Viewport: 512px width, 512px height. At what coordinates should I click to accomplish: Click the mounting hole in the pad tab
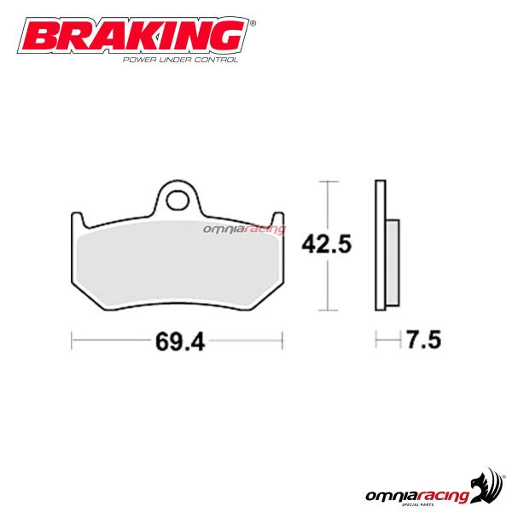(x=178, y=202)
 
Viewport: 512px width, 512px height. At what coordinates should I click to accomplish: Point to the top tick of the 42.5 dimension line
(x=325, y=182)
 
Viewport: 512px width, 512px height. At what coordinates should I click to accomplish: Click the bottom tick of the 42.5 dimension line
(x=325, y=309)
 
